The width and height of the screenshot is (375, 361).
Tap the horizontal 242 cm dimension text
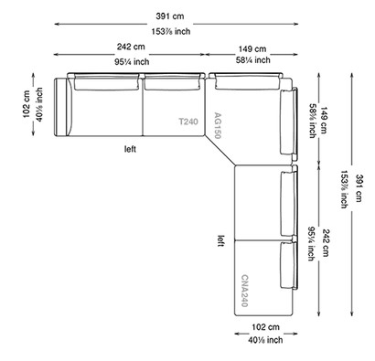[x=130, y=48]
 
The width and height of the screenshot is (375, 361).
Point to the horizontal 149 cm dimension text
[x=252, y=48]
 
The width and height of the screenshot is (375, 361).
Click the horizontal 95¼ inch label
[x=130, y=61]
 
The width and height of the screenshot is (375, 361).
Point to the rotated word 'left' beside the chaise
[x=220, y=242]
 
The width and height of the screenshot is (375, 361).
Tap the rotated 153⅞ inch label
[x=344, y=192]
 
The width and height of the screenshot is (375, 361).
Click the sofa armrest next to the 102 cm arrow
[x=62, y=107]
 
